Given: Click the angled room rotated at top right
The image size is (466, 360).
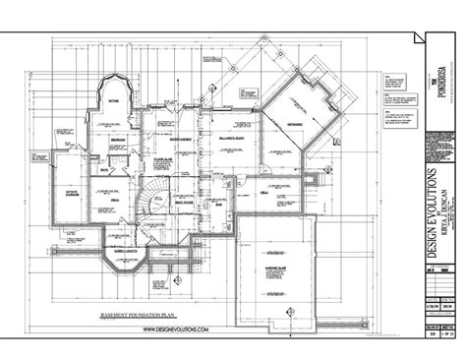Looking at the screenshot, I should [x=298, y=106].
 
